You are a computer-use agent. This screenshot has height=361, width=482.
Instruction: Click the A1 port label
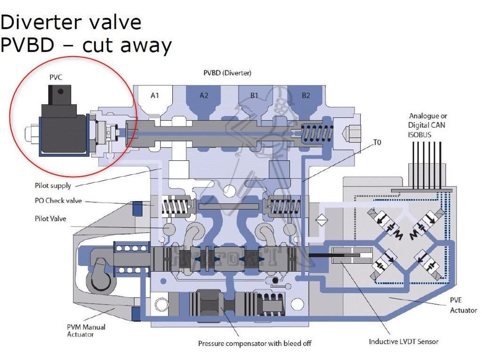[155, 95]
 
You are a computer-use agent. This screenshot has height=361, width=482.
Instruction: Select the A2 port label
[204, 95]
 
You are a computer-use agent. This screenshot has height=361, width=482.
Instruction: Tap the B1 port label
[254, 95]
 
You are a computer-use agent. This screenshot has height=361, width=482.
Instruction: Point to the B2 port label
[306, 95]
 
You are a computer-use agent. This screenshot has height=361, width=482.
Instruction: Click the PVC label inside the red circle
[56, 78]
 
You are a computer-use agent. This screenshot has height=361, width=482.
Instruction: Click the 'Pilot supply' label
[53, 186]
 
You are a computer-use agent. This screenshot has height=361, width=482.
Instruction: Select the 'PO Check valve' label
[58, 201]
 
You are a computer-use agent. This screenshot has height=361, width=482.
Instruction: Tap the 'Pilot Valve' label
[50, 219]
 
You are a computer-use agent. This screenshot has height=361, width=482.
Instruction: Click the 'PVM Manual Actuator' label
[86, 330]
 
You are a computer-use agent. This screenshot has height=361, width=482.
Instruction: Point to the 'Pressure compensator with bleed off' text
[255, 344]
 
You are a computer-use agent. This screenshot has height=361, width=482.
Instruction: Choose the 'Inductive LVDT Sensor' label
[403, 341]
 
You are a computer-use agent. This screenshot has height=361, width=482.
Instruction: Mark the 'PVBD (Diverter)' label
[227, 73]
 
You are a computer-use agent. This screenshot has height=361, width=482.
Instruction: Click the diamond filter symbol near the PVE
[321, 220]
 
